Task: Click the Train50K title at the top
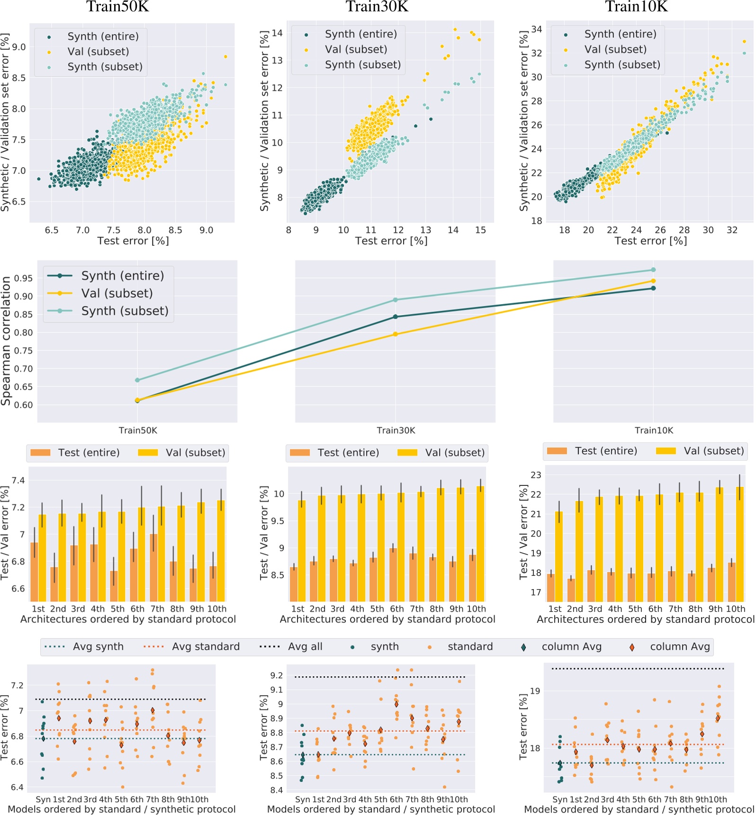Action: (x=117, y=7)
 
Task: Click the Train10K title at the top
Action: (x=636, y=7)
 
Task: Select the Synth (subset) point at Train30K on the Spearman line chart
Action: (x=396, y=300)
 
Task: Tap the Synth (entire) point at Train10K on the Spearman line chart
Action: (x=653, y=288)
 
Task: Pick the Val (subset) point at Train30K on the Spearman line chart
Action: (x=396, y=334)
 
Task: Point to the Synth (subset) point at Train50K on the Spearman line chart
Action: (x=137, y=380)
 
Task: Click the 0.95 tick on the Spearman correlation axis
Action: (x=24, y=278)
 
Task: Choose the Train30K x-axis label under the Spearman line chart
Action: (x=396, y=430)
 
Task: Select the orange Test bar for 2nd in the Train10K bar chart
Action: (x=571, y=590)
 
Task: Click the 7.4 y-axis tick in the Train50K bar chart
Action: (x=18, y=481)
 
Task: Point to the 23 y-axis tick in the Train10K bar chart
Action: (x=536, y=475)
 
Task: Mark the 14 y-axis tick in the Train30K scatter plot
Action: (x=278, y=33)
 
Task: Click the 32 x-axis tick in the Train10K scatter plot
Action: (x=732, y=230)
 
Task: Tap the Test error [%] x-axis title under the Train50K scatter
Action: (x=133, y=241)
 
